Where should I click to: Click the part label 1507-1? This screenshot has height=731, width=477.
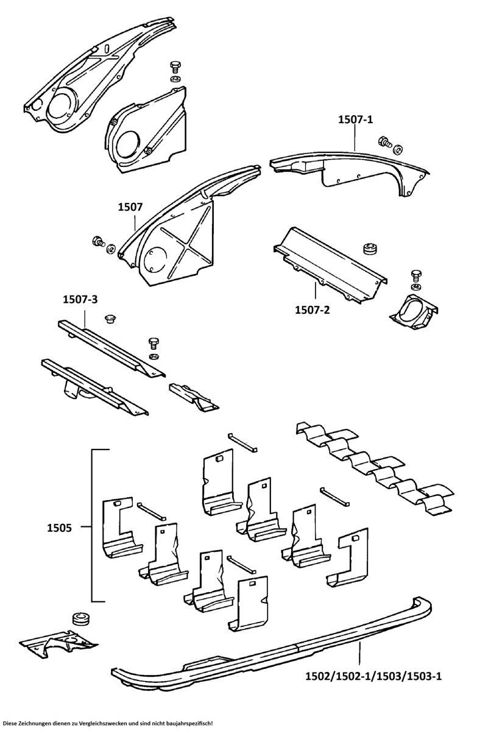coord(355,121)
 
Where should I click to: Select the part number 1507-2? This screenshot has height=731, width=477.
coord(312,310)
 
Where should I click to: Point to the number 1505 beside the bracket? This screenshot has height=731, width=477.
coord(60,528)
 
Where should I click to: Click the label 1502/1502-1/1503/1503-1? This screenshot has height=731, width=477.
coord(373,676)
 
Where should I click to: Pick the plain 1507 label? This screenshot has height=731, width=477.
coord(130,208)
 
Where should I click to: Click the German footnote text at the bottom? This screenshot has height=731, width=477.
coord(108,723)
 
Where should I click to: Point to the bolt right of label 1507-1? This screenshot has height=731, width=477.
coord(385,142)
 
